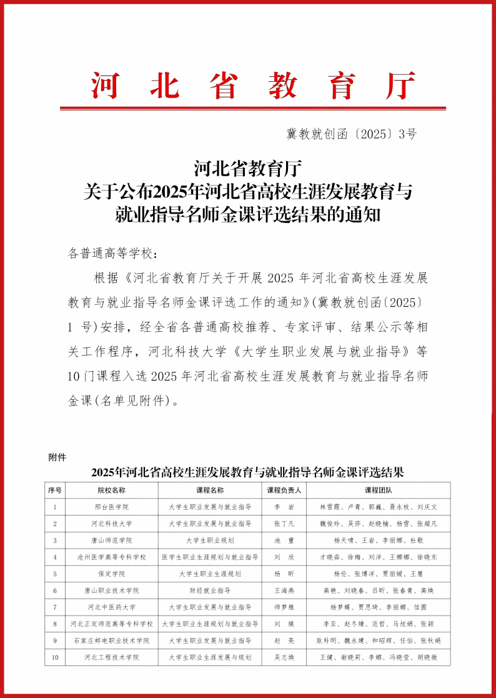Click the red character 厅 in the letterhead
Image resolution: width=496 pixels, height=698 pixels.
coord(400,86)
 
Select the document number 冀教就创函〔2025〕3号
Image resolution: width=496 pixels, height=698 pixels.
coord(351,133)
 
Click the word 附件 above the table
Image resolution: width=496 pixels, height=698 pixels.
coord(57,457)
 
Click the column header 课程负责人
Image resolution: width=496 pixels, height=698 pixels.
coord(284,490)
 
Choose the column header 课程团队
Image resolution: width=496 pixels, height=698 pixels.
coord(378,490)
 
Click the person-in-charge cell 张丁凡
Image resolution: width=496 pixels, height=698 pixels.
coord(284,523)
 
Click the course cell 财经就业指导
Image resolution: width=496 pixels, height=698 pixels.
coord(210,591)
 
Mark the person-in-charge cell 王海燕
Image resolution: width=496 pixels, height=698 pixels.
coord(284,591)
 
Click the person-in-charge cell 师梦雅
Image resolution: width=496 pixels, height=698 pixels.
coord(284,607)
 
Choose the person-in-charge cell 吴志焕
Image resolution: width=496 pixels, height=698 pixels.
coord(284,657)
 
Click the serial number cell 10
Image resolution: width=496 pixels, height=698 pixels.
coord(55,657)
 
